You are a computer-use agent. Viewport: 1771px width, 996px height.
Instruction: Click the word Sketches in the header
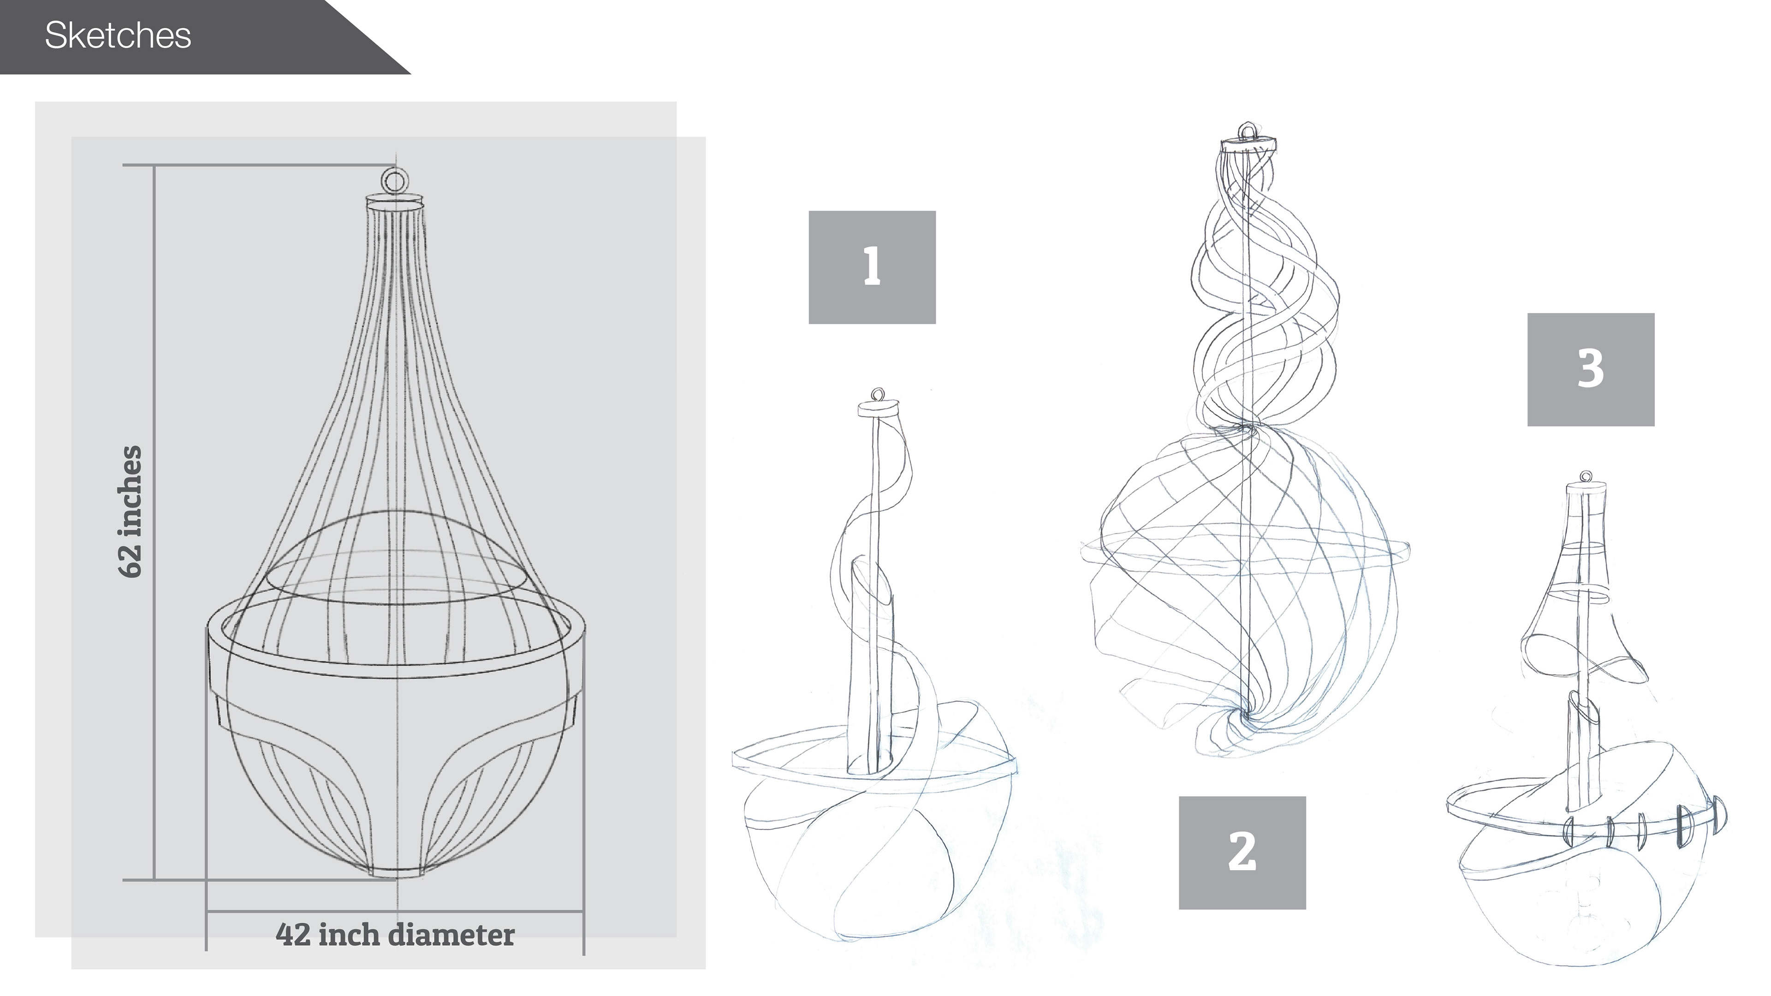[118, 36]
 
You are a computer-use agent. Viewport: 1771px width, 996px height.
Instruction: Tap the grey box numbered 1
[872, 267]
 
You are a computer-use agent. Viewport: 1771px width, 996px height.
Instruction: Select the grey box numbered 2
[1242, 853]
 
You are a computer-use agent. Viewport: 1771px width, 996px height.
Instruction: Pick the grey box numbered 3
[1590, 370]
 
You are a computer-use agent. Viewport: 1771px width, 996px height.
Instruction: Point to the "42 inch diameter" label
[395, 935]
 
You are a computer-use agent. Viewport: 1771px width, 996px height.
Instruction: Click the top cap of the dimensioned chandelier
[395, 203]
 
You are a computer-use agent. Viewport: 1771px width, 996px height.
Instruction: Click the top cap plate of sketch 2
[1247, 146]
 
